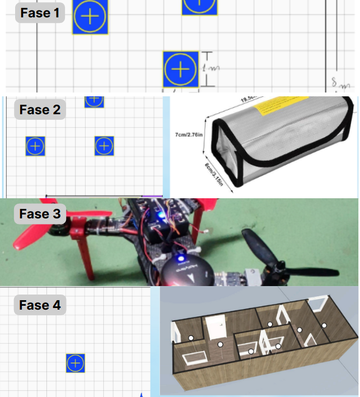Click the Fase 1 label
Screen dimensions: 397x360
(x=39, y=12)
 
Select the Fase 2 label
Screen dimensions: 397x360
(x=40, y=110)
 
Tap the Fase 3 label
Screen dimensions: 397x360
(x=40, y=214)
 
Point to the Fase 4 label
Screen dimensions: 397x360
(x=40, y=305)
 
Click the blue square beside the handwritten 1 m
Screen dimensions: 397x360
(x=181, y=69)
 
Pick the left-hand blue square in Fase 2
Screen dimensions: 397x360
(x=35, y=146)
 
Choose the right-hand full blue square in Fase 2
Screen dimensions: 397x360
(x=104, y=146)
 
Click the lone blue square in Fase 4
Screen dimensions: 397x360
(x=76, y=363)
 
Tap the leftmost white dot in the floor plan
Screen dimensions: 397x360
(x=191, y=338)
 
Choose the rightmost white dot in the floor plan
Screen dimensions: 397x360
(x=324, y=324)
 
